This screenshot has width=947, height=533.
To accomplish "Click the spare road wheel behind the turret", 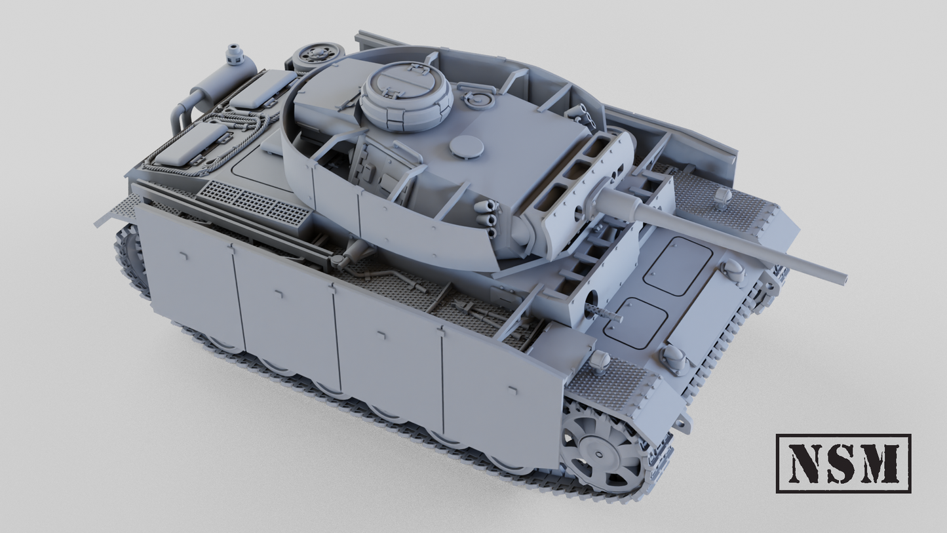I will click(318, 56).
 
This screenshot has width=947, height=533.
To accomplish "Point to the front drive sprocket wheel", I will click(602, 453).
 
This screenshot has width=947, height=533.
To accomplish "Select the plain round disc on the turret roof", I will click(467, 147).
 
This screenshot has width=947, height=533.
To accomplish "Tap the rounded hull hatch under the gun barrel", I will click(678, 266).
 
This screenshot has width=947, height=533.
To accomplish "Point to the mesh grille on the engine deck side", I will click(253, 201).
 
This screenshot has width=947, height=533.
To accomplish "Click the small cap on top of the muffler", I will click(234, 52).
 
